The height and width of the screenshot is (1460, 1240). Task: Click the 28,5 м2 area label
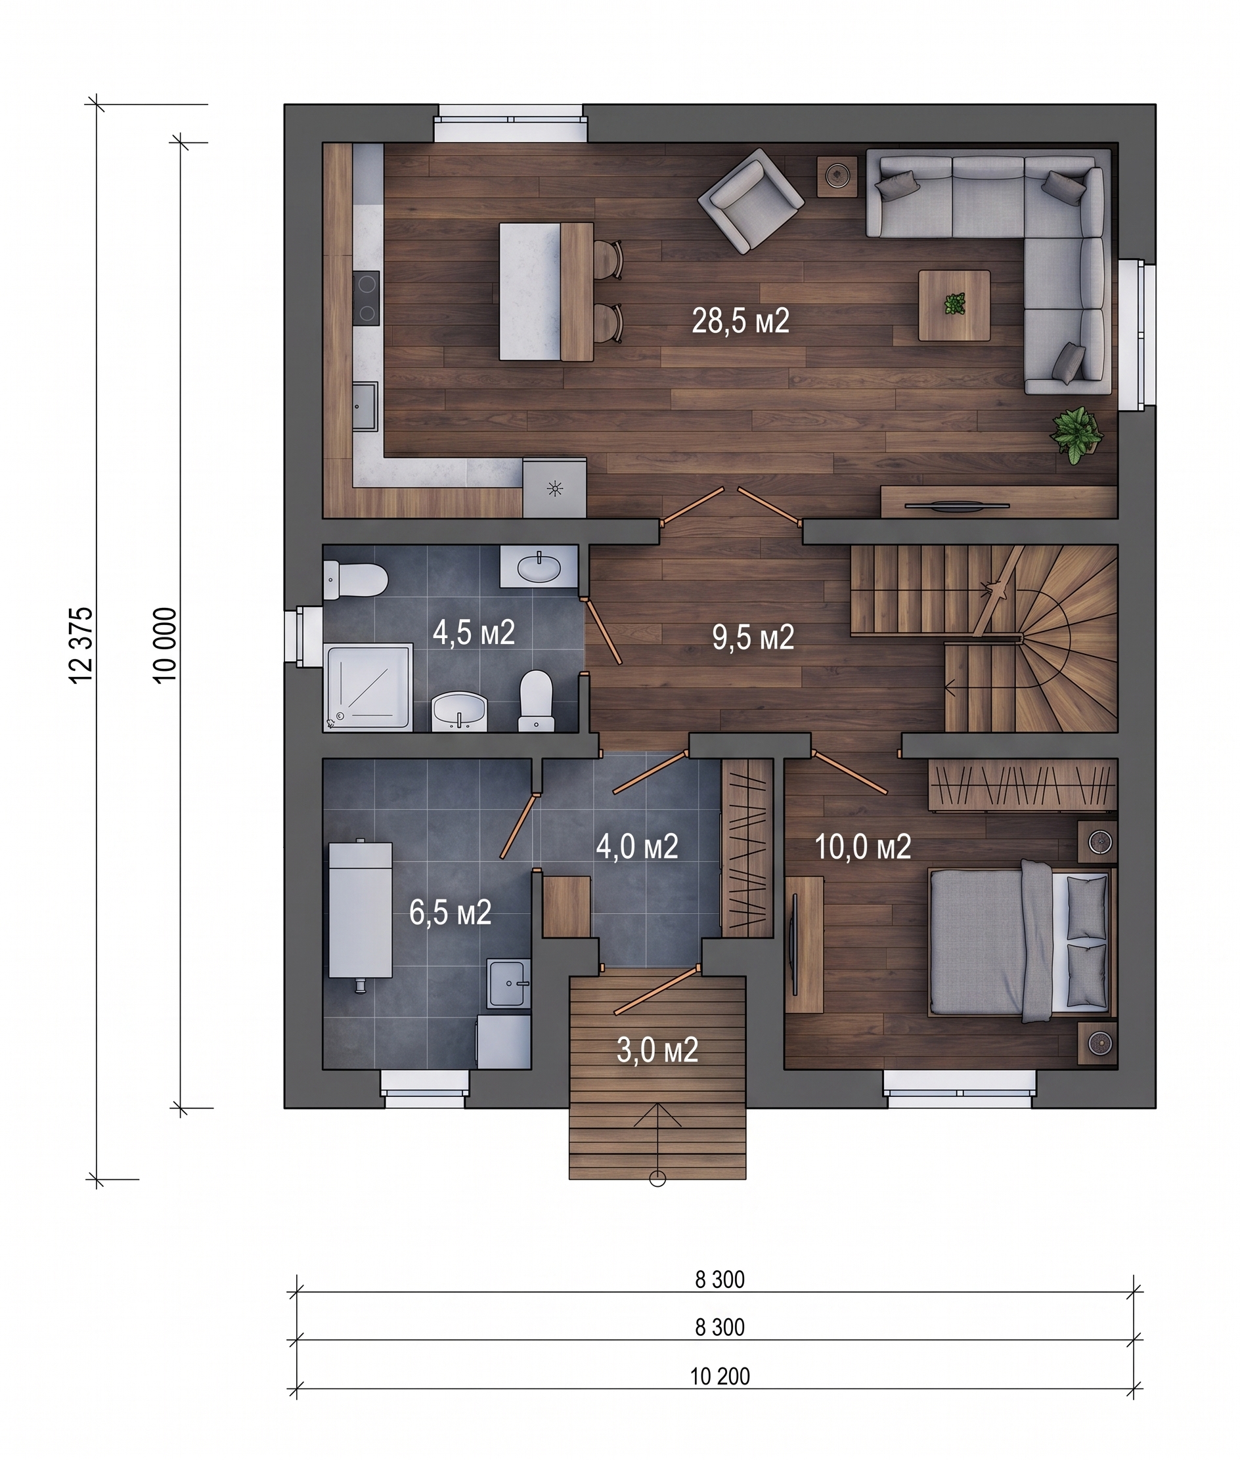740,321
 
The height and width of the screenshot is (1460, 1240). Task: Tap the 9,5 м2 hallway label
753,637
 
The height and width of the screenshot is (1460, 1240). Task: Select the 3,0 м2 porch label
657,1050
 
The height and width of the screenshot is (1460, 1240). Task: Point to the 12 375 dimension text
81,645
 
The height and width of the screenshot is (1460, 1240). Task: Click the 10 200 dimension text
720,1377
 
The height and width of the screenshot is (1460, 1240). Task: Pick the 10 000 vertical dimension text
166,645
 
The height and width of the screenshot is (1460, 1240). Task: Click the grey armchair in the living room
751,200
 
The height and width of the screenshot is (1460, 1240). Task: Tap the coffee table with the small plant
954,306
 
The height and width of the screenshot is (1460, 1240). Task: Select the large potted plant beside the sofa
1076,435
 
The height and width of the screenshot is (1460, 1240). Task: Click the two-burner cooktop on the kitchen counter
366,298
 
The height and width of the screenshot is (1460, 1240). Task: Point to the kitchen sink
365,406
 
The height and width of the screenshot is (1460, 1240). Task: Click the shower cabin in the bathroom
368,687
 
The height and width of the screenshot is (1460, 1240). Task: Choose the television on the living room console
957,504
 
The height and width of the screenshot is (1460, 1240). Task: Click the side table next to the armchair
837,177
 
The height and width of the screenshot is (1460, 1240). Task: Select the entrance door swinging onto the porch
657,991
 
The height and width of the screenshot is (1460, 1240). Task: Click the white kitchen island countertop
530,291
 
